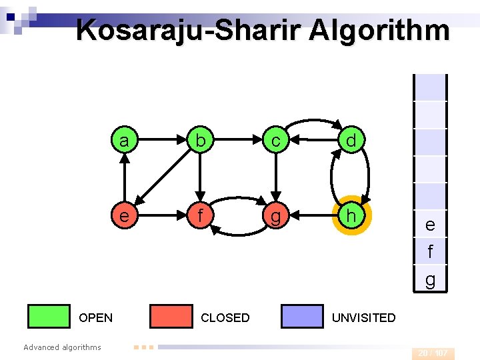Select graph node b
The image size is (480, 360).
click(199, 141)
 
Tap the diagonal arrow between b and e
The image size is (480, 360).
click(161, 178)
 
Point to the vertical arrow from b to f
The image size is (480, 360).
click(199, 178)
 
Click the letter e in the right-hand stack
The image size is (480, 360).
click(430, 225)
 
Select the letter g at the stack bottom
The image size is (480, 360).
click(430, 279)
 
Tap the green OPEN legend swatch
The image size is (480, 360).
click(49, 317)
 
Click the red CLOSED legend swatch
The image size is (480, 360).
click(171, 317)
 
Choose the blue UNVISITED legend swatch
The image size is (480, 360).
click(302, 317)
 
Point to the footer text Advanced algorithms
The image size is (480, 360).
click(62, 347)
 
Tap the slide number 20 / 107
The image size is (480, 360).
click(433, 353)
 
